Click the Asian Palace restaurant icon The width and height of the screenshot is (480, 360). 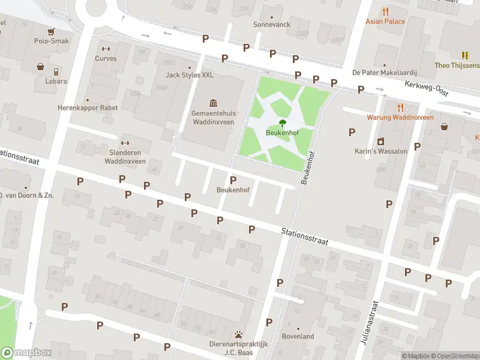(x=385, y=11)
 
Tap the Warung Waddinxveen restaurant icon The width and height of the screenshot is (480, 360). (x=400, y=107)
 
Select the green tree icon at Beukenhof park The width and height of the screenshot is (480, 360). (x=282, y=123)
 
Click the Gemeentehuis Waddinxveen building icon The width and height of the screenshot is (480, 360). (x=212, y=103)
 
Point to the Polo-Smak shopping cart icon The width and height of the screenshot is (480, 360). (x=51, y=31)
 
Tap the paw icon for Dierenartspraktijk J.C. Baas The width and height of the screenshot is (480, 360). (x=239, y=334)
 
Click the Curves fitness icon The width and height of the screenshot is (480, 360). (x=106, y=49)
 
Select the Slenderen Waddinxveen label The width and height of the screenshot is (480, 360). (x=125, y=157)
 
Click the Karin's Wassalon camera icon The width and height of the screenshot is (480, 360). (x=380, y=142)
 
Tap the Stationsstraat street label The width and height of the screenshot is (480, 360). (x=305, y=236)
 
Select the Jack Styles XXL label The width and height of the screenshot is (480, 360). (x=190, y=75)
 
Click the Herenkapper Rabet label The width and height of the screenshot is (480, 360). (x=88, y=108)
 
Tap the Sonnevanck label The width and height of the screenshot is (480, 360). (x=271, y=25)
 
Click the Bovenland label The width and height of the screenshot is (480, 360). (x=298, y=337)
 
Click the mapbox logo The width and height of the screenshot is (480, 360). (x=26, y=353)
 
